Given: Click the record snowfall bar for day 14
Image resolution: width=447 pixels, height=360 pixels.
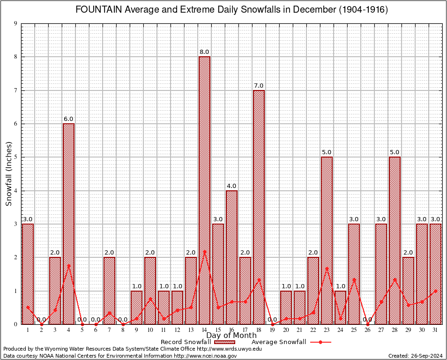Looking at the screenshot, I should (x=204, y=190).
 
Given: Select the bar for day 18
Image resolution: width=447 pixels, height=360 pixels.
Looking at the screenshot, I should (x=259, y=207).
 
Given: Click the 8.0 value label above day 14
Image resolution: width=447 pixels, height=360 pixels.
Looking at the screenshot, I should (x=204, y=52).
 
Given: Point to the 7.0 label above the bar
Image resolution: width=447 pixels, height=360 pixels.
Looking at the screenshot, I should (x=259, y=85).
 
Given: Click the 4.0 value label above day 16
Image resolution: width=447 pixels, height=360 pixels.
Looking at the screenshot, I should (x=231, y=186).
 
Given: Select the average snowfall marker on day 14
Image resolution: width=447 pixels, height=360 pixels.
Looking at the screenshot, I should (x=204, y=251).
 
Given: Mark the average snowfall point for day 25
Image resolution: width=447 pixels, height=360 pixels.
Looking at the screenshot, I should (x=354, y=280).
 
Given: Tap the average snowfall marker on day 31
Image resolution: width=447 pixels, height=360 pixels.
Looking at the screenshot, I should (x=435, y=291).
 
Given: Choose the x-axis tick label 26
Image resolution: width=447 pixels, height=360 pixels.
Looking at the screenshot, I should (x=367, y=330).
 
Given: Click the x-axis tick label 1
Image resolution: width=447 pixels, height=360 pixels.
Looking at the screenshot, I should (x=28, y=330).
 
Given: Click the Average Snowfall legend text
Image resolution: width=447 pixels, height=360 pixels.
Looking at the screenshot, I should (x=278, y=342).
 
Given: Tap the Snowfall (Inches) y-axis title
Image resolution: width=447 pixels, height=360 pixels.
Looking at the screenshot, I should (x=8, y=174).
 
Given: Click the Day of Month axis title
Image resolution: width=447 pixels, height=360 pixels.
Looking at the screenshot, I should (x=231, y=336).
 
